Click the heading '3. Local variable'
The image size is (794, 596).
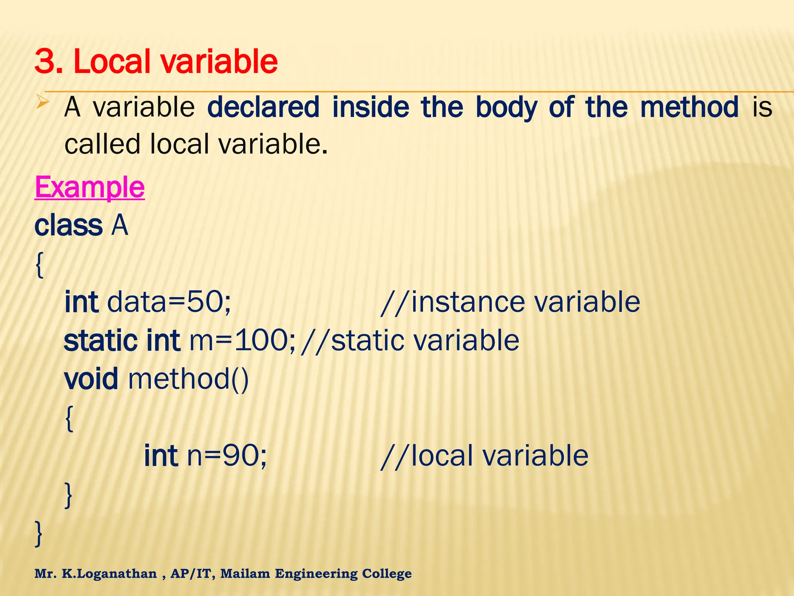156,62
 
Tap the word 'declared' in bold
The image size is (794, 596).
263,107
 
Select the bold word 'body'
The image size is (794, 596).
506,108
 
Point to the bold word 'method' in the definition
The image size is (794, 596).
689,107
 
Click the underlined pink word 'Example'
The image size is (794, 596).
90,187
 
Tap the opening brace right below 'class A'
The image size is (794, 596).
39,265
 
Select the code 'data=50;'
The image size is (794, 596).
169,302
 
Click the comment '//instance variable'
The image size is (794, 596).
510,302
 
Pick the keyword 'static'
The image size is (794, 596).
100,340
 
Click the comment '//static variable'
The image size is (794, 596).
410,340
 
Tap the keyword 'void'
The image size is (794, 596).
91,379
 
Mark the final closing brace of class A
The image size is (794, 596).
39,534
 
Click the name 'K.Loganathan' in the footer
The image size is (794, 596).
109,573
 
